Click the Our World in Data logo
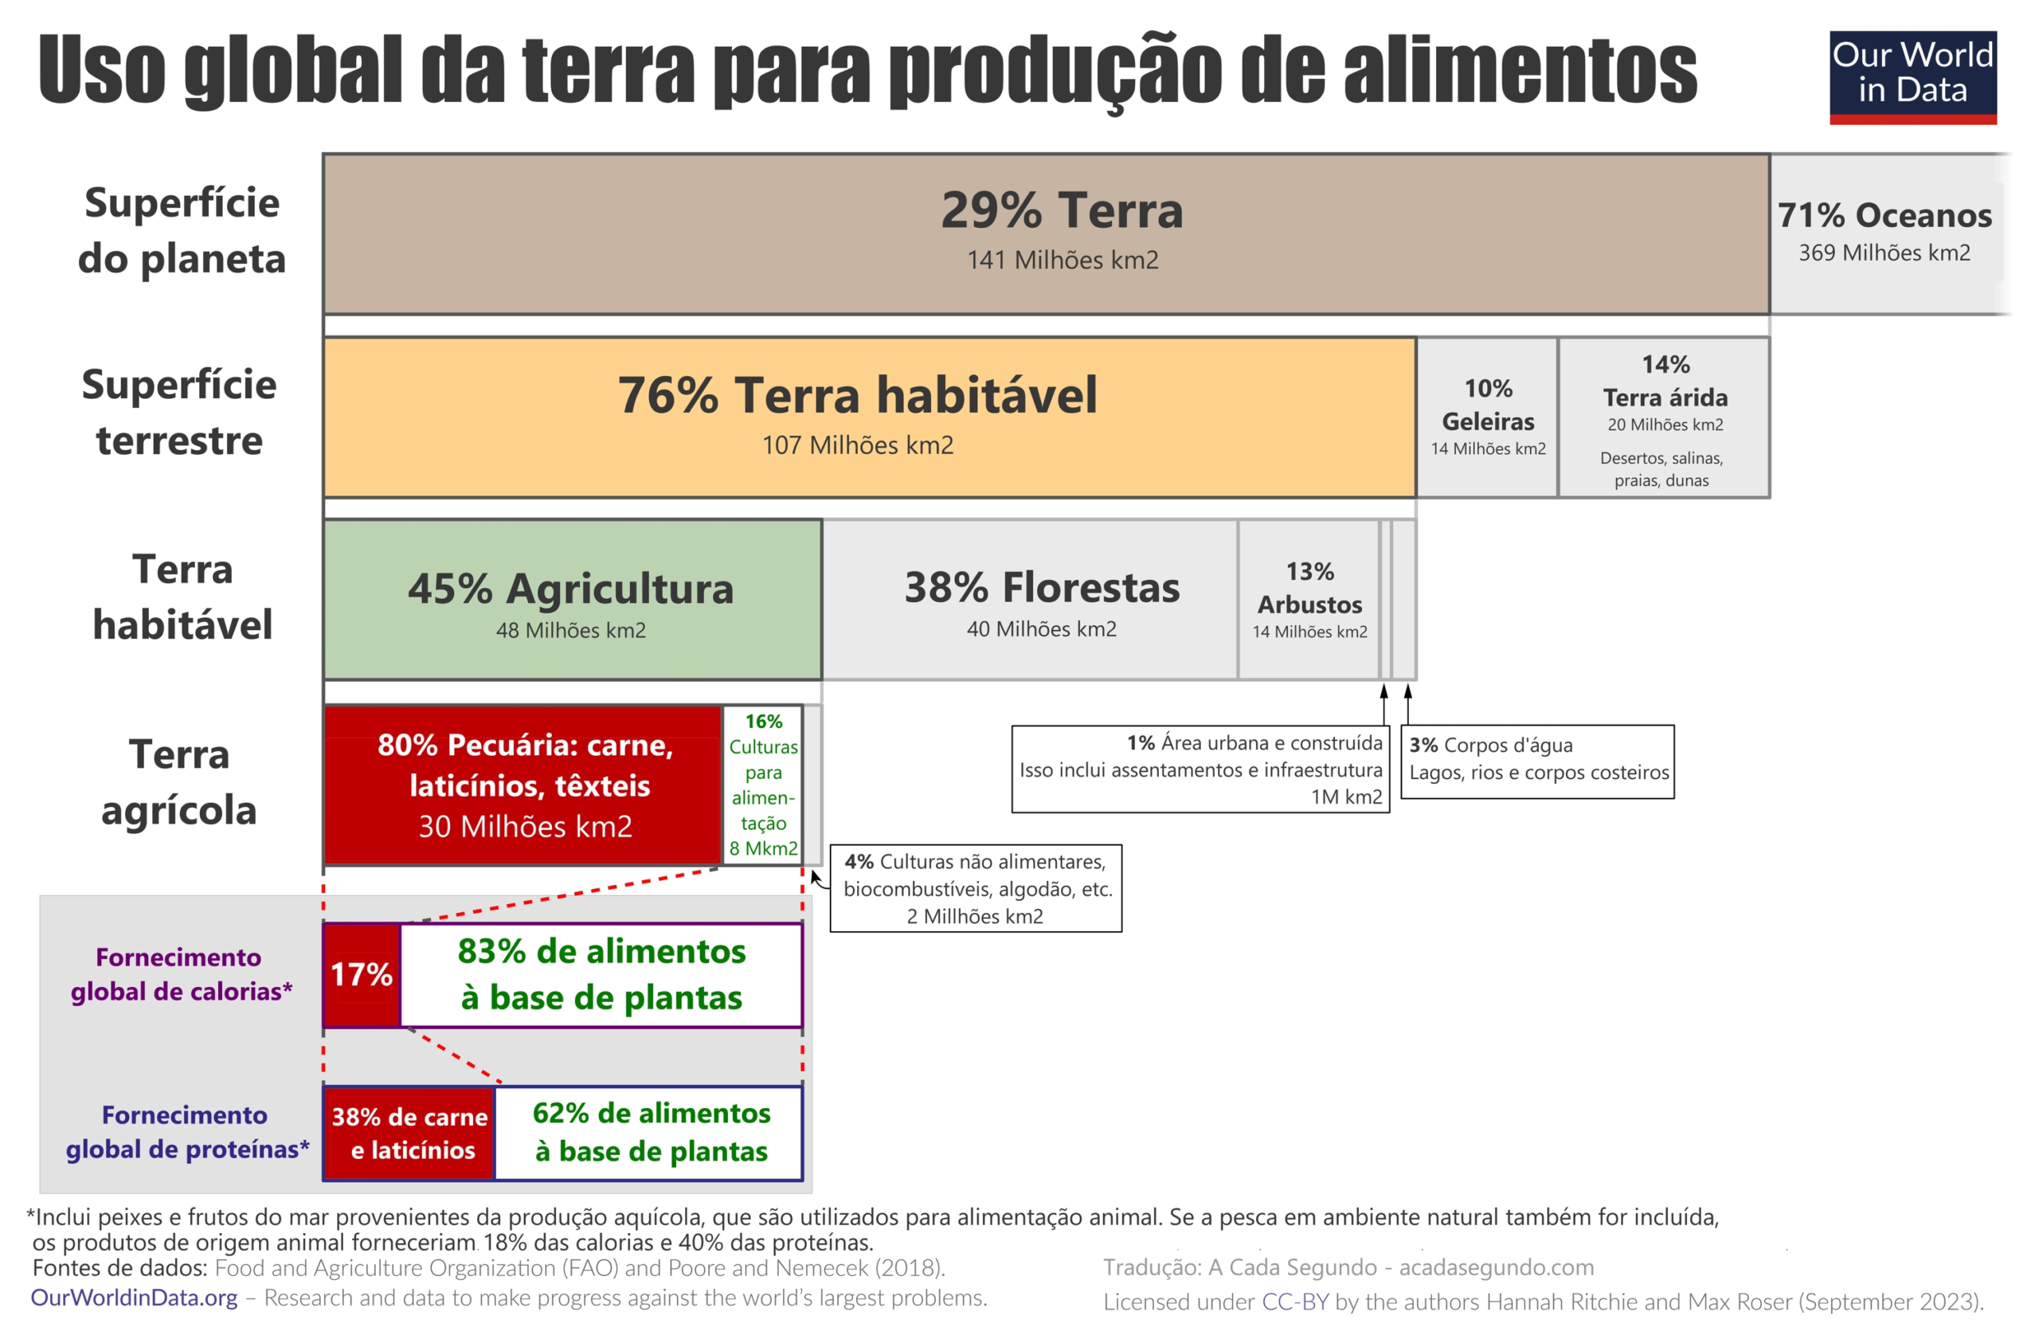pos(1912,77)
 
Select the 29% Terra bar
pos(1045,234)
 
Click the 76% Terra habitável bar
pos(869,417)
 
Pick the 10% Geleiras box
pos(1487,417)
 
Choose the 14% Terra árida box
pos(1664,417)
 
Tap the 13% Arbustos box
pos(1309,600)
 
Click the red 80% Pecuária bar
pos(523,785)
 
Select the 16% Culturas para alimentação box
pos(762,785)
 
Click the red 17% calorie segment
pos(361,974)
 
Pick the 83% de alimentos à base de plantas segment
pos(601,974)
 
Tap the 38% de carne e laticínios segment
pos(409,1133)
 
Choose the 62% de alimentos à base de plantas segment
pos(649,1133)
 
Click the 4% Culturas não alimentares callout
pos(976,889)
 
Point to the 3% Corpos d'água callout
pos(1537,761)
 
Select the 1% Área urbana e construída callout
pos(1200,769)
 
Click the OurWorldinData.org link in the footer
pos(135,1298)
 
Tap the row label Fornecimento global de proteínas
pos(185,1132)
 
